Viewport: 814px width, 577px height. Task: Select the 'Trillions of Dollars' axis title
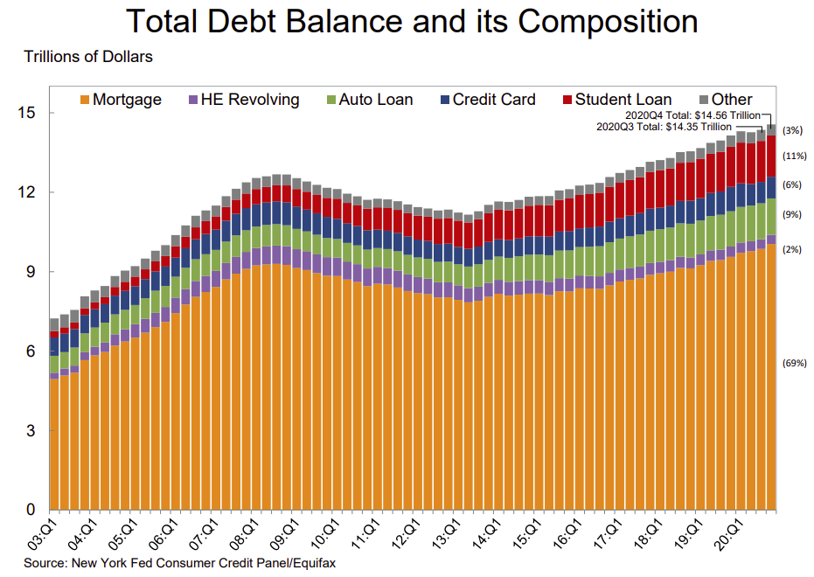click(x=88, y=58)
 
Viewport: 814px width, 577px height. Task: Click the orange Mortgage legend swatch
click(x=87, y=100)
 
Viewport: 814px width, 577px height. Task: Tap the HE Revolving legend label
click(x=250, y=100)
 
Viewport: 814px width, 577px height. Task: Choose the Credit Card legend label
click(x=494, y=100)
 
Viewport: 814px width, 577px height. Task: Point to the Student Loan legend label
click(x=623, y=100)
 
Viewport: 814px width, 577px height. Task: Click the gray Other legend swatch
click(x=703, y=100)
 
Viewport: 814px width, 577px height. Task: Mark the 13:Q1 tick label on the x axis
click(x=442, y=532)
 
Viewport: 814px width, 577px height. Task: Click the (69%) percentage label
click(x=794, y=363)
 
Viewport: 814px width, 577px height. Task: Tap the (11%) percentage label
click(x=794, y=156)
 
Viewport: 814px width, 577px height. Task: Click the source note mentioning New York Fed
click(x=179, y=563)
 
